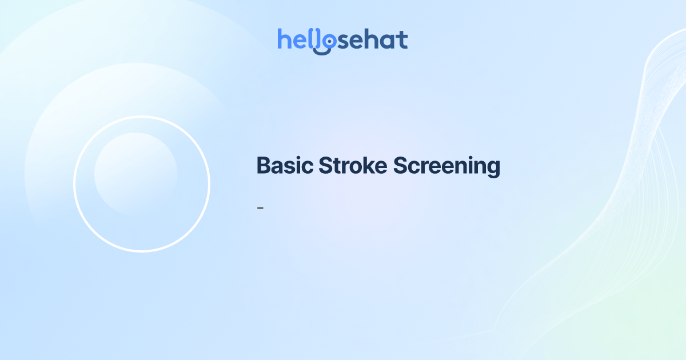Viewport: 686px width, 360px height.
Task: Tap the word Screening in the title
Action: pyautogui.click(x=447, y=166)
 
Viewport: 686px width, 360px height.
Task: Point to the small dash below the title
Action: pyautogui.click(x=260, y=207)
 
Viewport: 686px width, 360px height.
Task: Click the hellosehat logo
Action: pyautogui.click(x=342, y=40)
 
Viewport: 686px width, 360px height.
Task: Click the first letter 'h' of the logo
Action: pyautogui.click(x=284, y=39)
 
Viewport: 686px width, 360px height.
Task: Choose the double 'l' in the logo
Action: pyautogui.click(x=313, y=39)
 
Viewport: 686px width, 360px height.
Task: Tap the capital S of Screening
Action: pyautogui.click(x=401, y=166)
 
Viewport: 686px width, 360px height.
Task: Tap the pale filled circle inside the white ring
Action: pyautogui.click(x=135, y=174)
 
